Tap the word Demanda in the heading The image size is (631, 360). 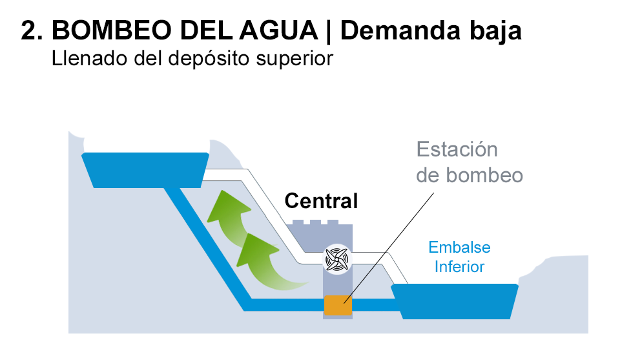click(408, 30)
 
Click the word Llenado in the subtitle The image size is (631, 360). click(80, 59)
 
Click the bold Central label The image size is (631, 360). click(321, 201)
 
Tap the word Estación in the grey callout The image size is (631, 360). click(457, 150)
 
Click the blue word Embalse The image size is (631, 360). click(459, 248)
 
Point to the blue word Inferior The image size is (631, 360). click(459, 266)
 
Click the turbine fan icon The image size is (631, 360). click(336, 260)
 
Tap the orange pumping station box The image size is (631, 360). click(337, 304)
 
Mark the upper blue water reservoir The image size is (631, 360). click(145, 169)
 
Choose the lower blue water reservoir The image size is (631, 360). click(455, 301)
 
